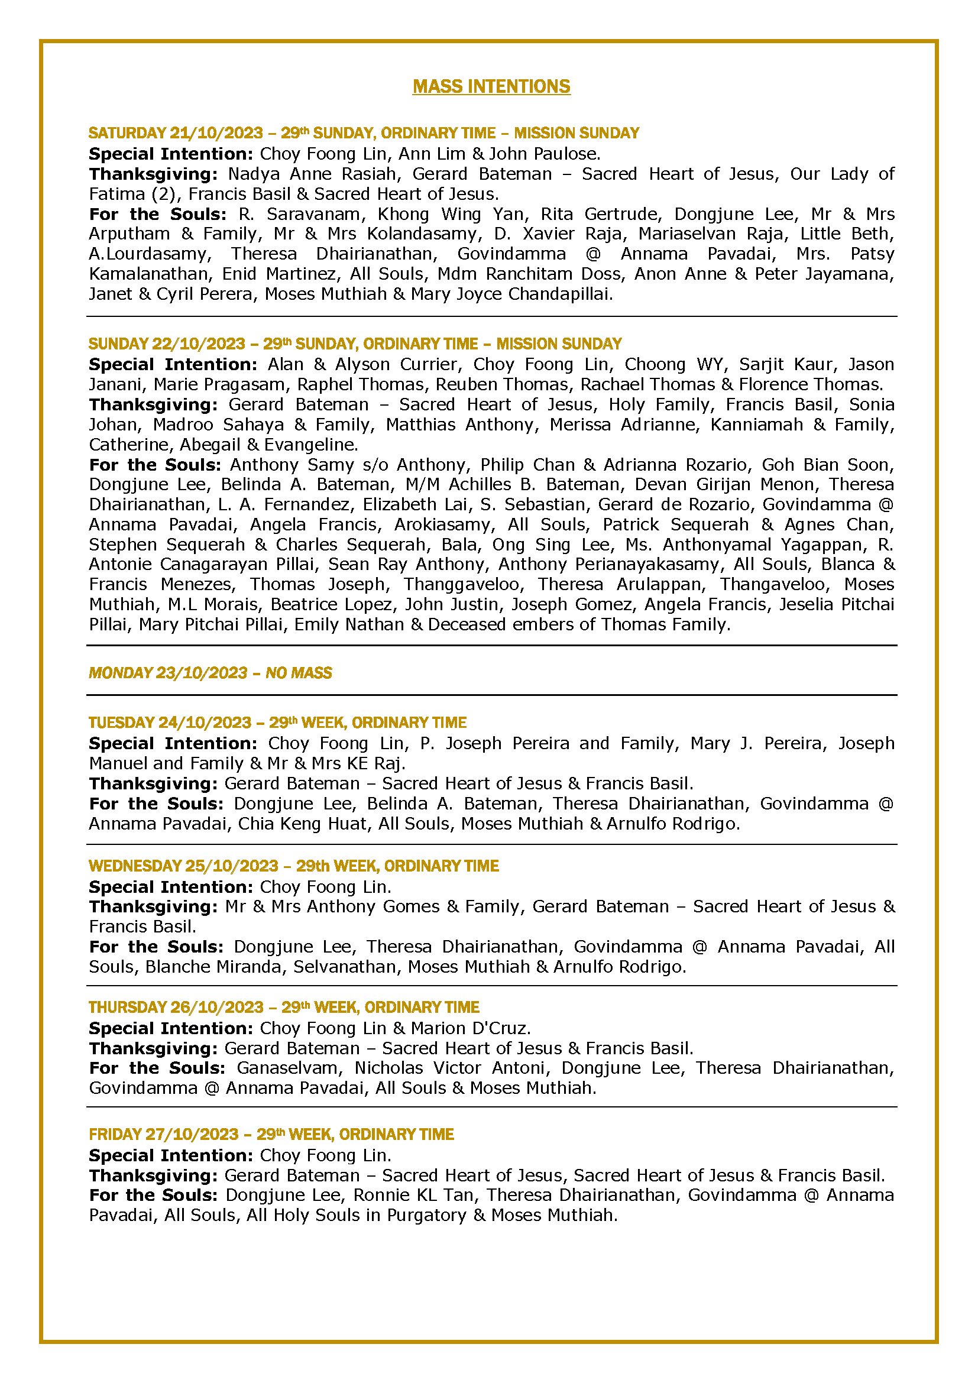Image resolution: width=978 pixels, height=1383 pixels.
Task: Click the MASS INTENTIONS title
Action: (x=491, y=86)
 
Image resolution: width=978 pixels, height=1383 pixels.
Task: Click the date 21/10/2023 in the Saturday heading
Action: (x=216, y=132)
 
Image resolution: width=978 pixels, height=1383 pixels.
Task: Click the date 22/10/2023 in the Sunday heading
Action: (x=199, y=344)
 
